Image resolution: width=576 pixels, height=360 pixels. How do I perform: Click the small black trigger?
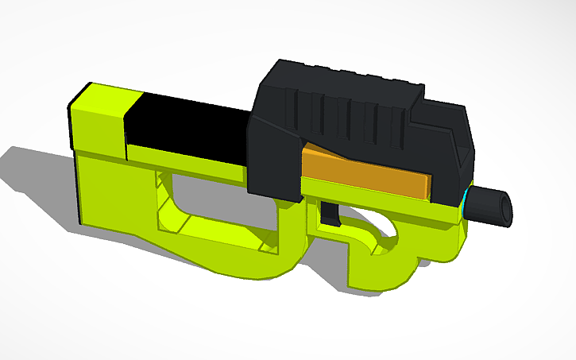coord(332,213)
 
